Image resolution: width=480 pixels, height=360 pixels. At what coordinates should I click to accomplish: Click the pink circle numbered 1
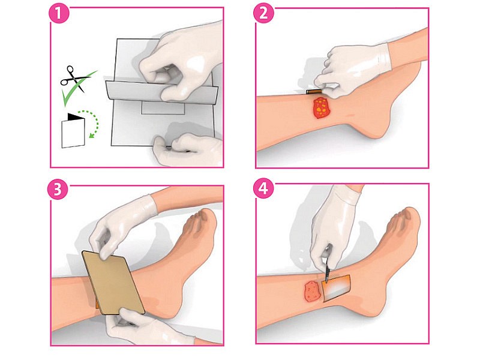coord(59,13)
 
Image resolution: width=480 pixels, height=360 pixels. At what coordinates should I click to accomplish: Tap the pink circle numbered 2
coord(263,13)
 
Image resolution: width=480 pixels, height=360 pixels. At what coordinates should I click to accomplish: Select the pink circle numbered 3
coord(57,190)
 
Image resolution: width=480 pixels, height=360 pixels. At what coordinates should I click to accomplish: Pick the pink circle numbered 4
coord(263,188)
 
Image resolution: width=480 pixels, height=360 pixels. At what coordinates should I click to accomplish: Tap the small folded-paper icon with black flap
coord(73,131)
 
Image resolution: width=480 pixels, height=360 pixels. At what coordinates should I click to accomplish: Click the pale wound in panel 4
coord(313,291)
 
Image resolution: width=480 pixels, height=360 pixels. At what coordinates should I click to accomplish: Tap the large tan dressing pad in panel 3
coord(113,282)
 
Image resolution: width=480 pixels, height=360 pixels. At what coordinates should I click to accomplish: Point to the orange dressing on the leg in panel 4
coord(336,288)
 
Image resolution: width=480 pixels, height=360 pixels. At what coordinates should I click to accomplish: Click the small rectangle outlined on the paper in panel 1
coord(163,109)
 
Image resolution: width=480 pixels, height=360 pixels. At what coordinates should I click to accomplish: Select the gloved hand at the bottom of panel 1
coord(187,150)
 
